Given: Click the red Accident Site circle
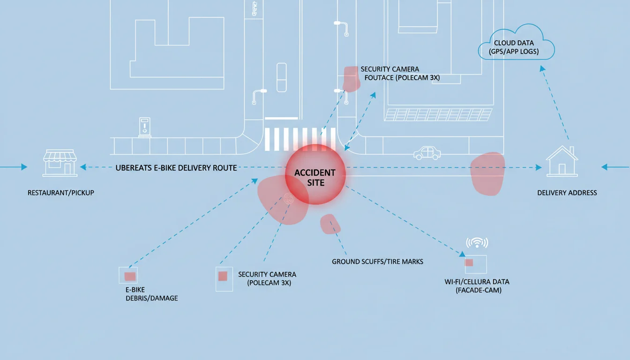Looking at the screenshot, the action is pyautogui.click(x=315, y=174).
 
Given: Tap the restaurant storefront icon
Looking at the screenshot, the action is pyautogui.click(x=60, y=163).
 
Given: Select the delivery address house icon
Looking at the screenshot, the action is pyautogui.click(x=562, y=161).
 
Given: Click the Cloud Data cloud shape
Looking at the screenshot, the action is pyautogui.click(x=517, y=42).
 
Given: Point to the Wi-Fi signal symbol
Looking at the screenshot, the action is pyautogui.click(x=477, y=242).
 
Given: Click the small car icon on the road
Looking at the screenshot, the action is pyautogui.click(x=427, y=153).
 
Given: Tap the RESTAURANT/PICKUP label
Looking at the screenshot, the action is pyautogui.click(x=61, y=193).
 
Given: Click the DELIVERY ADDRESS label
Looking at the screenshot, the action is pyautogui.click(x=567, y=193).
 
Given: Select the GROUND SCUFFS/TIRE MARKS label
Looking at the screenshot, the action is pyautogui.click(x=377, y=262).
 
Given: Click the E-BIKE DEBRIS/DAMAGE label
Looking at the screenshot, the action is pyautogui.click(x=151, y=294).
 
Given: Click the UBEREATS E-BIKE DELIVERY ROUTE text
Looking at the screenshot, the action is pyautogui.click(x=176, y=168).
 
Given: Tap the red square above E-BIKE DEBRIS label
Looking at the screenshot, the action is pyautogui.click(x=130, y=277).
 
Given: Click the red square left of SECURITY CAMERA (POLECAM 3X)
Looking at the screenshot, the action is pyautogui.click(x=223, y=276).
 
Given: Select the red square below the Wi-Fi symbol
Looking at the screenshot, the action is pyautogui.click(x=469, y=262).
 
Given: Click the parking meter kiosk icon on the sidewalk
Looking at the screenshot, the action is pyautogui.click(x=144, y=127).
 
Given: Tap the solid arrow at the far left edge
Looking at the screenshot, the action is pyautogui.click(x=14, y=167).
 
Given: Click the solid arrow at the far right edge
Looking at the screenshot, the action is pyautogui.click(x=615, y=167).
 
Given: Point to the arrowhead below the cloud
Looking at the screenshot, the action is pyautogui.click(x=542, y=68).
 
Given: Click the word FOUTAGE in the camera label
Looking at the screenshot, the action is pyautogui.click(x=379, y=78).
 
